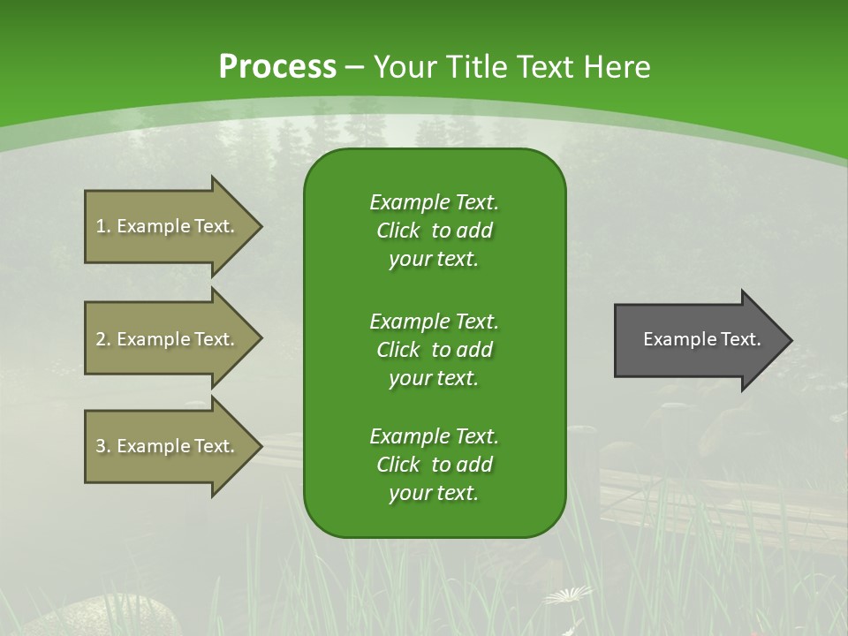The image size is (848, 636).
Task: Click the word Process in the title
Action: (x=277, y=67)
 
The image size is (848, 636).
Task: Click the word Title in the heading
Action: (x=478, y=67)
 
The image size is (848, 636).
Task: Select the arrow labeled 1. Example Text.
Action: (x=168, y=226)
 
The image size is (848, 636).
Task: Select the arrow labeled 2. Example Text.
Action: (x=168, y=339)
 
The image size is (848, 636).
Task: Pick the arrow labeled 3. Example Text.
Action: (x=168, y=446)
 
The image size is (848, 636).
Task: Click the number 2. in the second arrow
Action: (x=103, y=339)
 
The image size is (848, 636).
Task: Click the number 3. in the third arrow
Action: (x=103, y=446)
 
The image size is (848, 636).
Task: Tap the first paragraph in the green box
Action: (x=434, y=231)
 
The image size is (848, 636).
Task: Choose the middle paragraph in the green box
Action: (x=434, y=349)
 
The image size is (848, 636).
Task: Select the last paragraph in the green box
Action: (x=434, y=465)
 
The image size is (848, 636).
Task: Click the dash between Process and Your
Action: (x=355, y=67)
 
